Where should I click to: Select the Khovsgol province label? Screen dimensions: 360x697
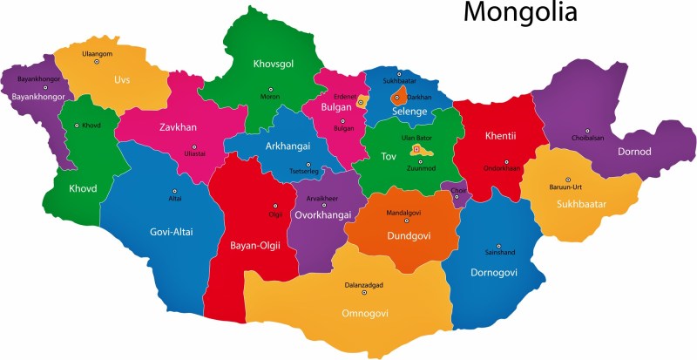pyautogui.click(x=274, y=64)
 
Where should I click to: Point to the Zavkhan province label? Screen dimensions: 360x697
pyautogui.click(x=178, y=127)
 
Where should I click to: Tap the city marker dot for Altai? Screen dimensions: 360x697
pyautogui.click(x=174, y=190)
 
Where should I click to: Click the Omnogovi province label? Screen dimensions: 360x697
pyautogui.click(x=365, y=313)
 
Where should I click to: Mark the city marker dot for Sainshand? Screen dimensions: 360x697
pyautogui.click(x=498, y=246)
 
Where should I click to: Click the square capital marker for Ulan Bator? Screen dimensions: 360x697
pyautogui.click(x=416, y=149)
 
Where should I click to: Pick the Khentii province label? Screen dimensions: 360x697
pyautogui.click(x=501, y=135)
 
